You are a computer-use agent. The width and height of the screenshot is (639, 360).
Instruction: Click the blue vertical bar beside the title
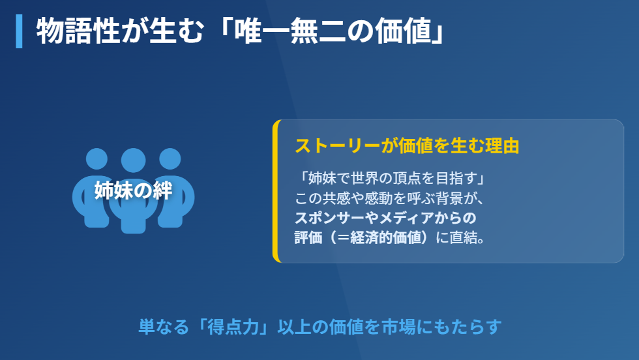click(19, 31)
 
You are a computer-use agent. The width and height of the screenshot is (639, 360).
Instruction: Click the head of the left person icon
click(97, 158)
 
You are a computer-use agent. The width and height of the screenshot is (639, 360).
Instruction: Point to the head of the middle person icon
click(133, 160)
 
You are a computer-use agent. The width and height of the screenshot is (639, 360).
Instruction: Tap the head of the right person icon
click(170, 158)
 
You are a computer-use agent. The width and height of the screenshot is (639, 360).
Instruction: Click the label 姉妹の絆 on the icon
click(133, 190)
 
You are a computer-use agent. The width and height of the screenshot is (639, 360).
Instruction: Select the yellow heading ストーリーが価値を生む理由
click(407, 145)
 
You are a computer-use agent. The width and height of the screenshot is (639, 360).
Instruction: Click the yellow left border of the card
click(276, 191)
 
